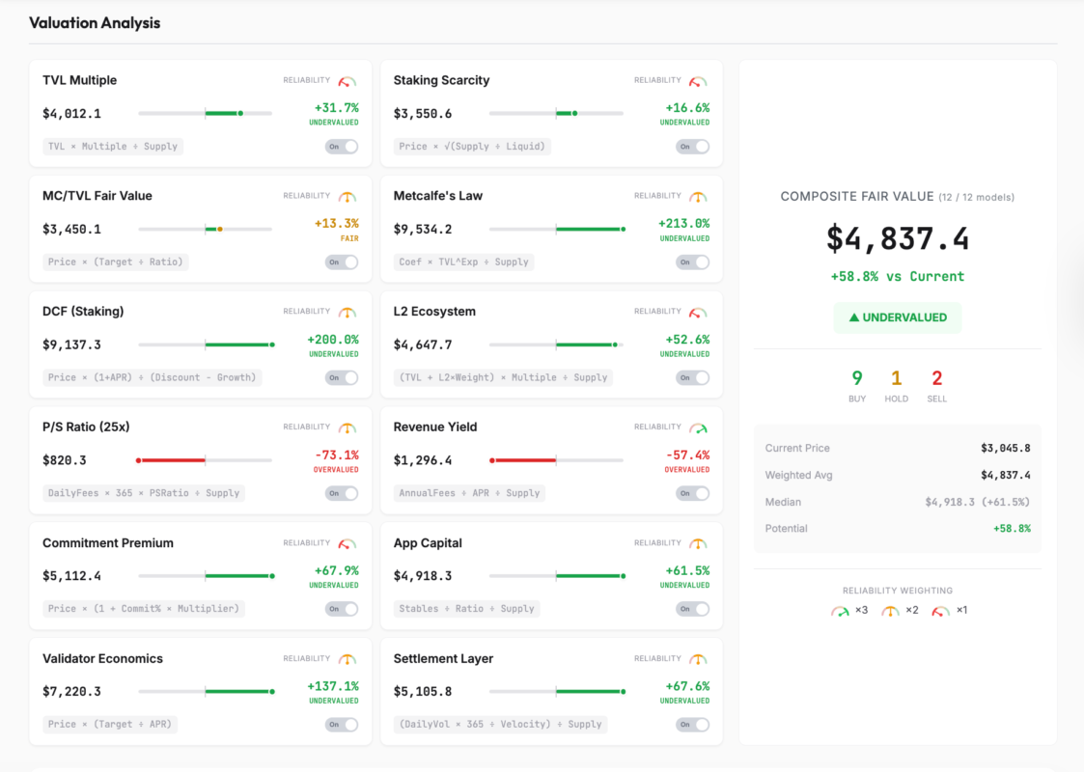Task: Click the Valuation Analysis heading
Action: [x=95, y=22]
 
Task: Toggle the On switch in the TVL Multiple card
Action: [x=342, y=147]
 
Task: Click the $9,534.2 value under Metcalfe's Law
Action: [x=422, y=229]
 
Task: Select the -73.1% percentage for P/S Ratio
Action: [x=337, y=455]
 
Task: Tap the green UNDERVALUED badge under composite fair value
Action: [x=898, y=317]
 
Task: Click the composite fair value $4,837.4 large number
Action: [x=898, y=238]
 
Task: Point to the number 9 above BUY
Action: [x=857, y=378]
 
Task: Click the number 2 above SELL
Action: [x=936, y=378]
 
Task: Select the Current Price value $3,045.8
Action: [x=1005, y=449]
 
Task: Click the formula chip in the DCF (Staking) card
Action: [x=153, y=377]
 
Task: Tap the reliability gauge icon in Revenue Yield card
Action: [x=698, y=427]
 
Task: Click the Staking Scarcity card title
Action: [x=441, y=80]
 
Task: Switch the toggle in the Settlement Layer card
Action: [x=692, y=725]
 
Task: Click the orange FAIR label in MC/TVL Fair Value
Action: [x=348, y=238]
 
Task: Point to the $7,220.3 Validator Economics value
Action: [x=71, y=692]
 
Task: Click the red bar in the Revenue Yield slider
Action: [x=523, y=460]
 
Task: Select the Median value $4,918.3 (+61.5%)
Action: [x=977, y=502]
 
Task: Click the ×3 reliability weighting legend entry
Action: [x=850, y=610]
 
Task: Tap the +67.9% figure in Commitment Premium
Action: [x=336, y=570]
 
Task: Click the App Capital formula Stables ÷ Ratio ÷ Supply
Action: [x=466, y=609]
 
